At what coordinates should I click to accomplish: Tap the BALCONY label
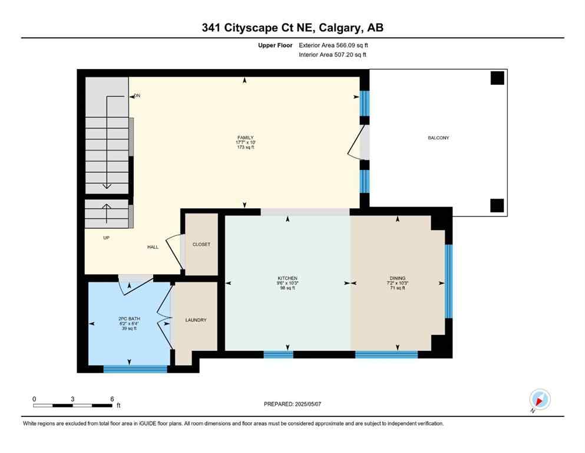[438, 138]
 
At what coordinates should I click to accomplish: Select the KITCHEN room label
[287, 278]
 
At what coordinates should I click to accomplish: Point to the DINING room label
[398, 278]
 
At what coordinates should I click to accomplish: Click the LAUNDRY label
[196, 320]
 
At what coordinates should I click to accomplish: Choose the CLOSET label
[201, 244]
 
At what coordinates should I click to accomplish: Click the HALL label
[153, 247]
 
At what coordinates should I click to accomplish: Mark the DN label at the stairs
[137, 96]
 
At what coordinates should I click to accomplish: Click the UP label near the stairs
[106, 238]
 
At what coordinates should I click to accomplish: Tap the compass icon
[540, 399]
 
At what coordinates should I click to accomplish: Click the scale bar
[73, 405]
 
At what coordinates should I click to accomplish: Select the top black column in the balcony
[498, 78]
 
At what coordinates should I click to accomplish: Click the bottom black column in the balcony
[497, 205]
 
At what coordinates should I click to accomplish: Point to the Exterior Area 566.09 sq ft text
[333, 45]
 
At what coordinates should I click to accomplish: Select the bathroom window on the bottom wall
[135, 369]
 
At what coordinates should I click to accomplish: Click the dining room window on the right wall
[448, 281]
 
